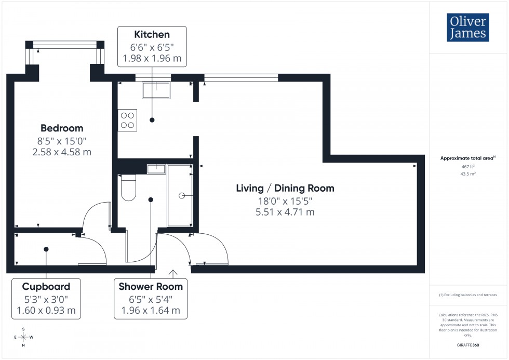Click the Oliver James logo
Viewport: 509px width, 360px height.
pyautogui.click(x=467, y=28)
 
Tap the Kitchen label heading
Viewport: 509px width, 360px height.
pyautogui.click(x=152, y=35)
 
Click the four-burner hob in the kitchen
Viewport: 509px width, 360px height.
pyautogui.click(x=127, y=120)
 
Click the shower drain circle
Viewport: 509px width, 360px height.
pyautogui.click(x=182, y=195)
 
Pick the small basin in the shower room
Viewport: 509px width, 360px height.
pyautogui.click(x=156, y=169)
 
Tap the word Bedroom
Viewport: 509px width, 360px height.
pyautogui.click(x=62, y=128)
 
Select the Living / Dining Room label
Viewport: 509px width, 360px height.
pyautogui.click(x=285, y=188)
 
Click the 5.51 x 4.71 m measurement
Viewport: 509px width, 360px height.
pyautogui.click(x=285, y=212)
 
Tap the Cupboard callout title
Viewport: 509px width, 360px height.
pyautogui.click(x=46, y=286)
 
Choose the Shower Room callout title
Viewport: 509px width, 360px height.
pyautogui.click(x=151, y=286)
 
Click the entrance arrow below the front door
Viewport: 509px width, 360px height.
pyautogui.click(x=172, y=273)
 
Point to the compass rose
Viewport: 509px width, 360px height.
pyautogui.click(x=23, y=337)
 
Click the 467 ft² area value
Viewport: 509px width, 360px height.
pyautogui.click(x=468, y=166)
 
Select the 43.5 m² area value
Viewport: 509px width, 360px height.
pyautogui.click(x=468, y=174)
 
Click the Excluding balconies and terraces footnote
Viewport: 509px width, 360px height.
pyautogui.click(x=468, y=295)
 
